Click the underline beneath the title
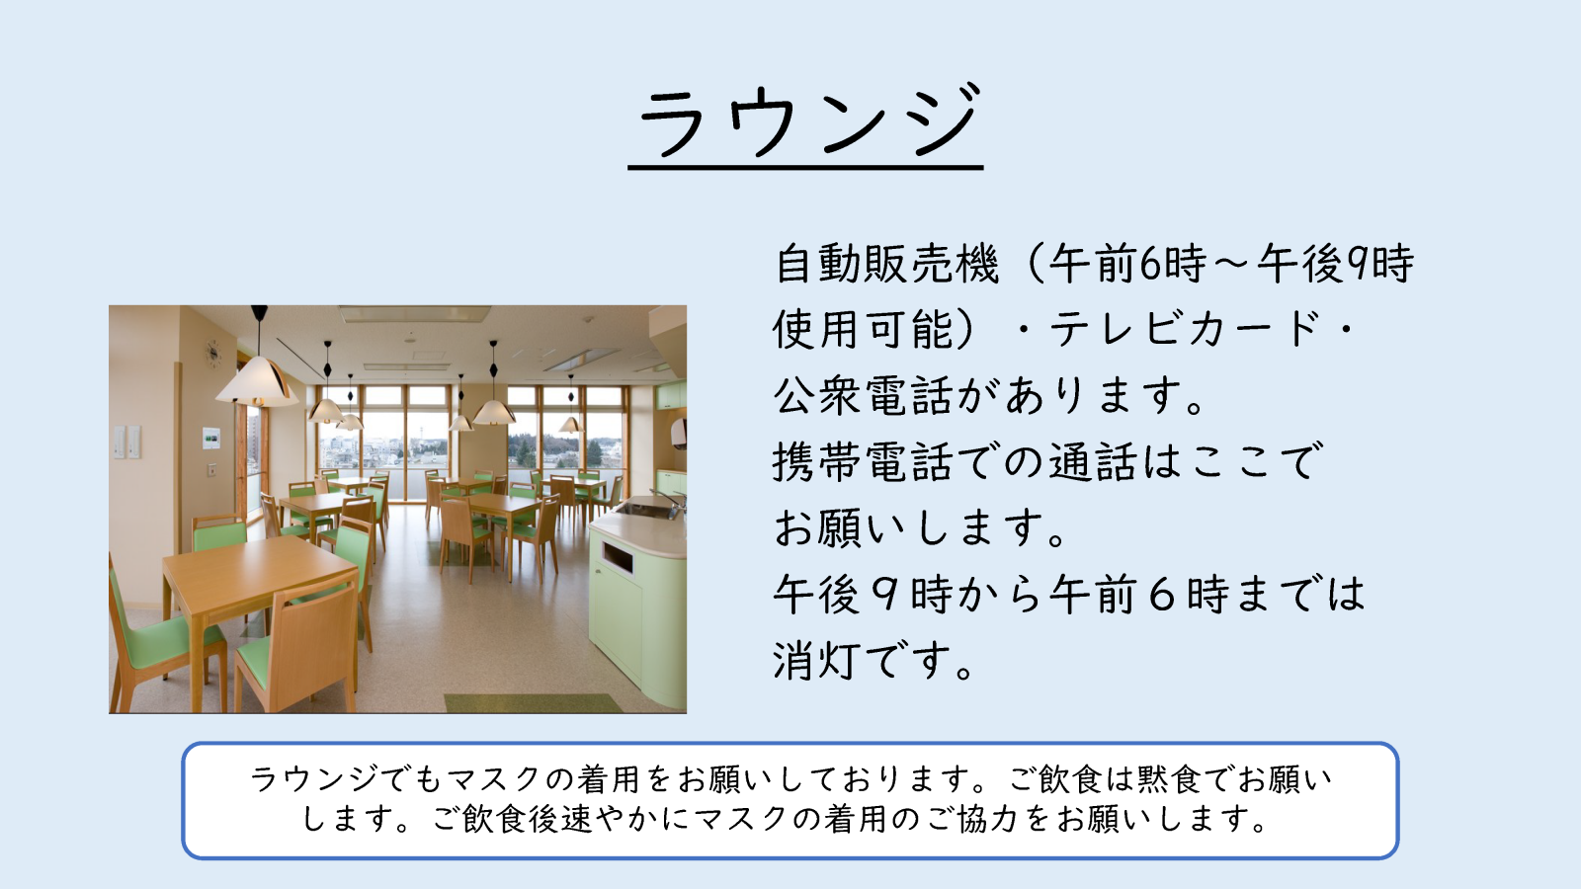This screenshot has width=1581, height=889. [x=805, y=168]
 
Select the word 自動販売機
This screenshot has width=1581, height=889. [x=886, y=264]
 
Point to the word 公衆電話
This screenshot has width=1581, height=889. [x=865, y=395]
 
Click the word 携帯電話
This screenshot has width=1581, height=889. [x=865, y=462]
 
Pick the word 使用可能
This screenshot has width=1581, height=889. [x=864, y=329]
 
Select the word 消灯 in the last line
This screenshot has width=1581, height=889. [x=818, y=661]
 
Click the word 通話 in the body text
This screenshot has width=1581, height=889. [x=1093, y=462]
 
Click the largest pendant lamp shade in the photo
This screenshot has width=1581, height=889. [x=258, y=382]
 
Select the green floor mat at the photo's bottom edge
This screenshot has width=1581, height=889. [x=533, y=702]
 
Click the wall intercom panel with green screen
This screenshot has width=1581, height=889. [x=211, y=438]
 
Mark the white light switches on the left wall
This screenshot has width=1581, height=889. [x=127, y=442]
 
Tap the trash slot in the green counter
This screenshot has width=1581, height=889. [x=617, y=558]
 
